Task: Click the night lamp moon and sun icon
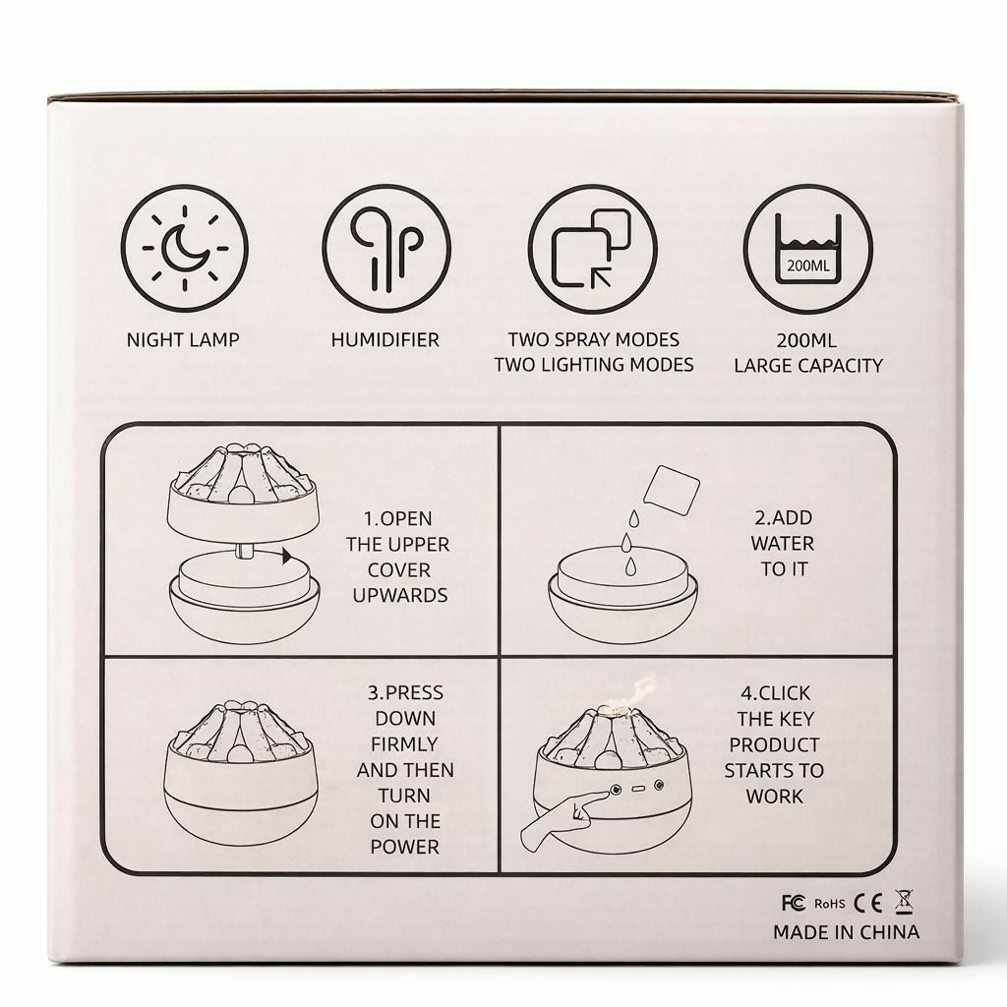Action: pos(185,249)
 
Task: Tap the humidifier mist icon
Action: pos(386,249)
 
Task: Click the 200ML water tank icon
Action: pos(808,249)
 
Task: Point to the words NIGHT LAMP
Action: pos(183,339)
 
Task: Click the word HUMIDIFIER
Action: pos(385,339)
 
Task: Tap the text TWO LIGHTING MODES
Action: pos(594,365)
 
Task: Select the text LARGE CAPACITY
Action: pos(808,366)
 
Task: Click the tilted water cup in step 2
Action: pos(671,490)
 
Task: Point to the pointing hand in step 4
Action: pos(562,819)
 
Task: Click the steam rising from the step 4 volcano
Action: pos(637,691)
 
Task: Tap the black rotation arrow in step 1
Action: pos(286,557)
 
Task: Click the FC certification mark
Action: pos(794,903)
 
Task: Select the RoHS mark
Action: pos(830,904)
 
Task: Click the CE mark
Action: pos(867,903)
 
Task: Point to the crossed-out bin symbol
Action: pos(905,902)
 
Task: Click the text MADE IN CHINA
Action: pos(847,932)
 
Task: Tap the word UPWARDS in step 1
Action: pos(400,595)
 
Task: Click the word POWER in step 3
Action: pos(404,847)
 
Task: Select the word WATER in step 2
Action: pos(782,543)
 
